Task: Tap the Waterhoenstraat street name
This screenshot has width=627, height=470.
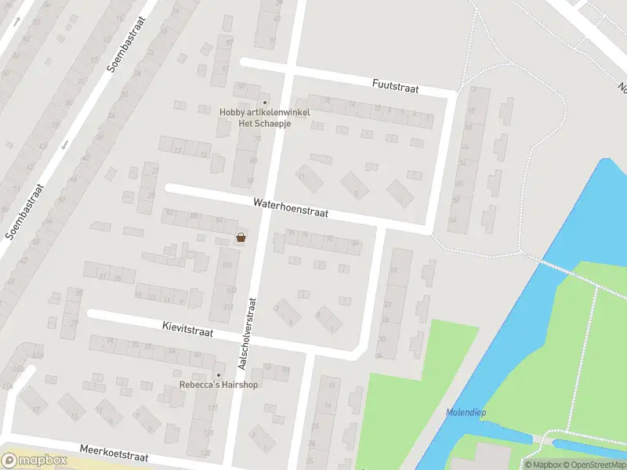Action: coord(290,208)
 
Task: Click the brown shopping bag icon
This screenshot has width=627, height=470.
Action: coord(241,237)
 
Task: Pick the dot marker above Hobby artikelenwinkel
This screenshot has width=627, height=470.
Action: coord(265,102)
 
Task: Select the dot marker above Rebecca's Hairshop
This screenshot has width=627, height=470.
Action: coord(219,374)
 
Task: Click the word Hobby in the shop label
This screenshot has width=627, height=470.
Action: coord(232,112)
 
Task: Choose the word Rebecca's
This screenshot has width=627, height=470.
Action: coord(198,385)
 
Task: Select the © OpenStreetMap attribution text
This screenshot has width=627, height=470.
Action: coord(597,465)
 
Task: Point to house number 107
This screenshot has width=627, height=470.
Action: coord(230,291)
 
